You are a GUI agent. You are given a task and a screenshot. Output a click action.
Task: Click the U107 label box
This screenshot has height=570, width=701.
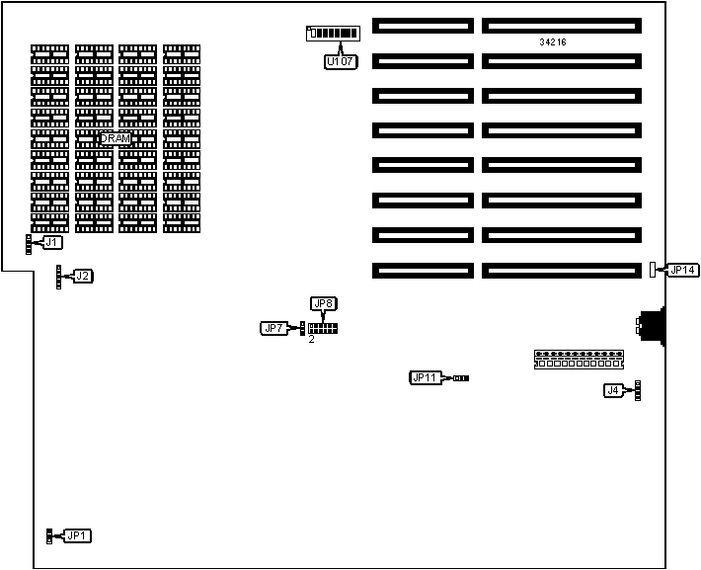click(x=340, y=62)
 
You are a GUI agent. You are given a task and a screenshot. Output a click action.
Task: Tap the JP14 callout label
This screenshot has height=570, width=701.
click(x=682, y=270)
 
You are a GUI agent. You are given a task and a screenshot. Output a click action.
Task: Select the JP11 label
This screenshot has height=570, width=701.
click(x=425, y=377)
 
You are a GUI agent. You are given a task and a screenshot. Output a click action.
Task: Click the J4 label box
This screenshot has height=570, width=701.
click(x=614, y=391)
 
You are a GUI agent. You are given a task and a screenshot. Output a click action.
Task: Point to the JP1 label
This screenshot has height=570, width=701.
click(x=77, y=536)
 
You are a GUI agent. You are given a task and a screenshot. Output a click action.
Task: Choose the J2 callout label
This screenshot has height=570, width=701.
click(x=83, y=277)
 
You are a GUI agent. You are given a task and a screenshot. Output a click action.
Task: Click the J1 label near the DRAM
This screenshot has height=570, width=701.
click(x=52, y=242)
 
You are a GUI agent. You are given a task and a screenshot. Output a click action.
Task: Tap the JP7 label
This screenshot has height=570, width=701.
click(x=274, y=328)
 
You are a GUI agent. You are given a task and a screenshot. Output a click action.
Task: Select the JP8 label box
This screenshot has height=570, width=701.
click(x=323, y=303)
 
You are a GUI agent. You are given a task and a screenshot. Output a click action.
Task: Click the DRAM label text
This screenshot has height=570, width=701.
click(x=115, y=139)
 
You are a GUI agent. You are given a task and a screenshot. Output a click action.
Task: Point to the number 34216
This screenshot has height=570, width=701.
click(x=553, y=42)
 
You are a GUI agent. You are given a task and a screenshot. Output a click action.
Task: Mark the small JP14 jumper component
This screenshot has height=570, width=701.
click(x=653, y=267)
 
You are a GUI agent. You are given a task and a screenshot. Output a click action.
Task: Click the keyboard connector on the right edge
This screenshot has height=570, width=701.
click(x=652, y=327)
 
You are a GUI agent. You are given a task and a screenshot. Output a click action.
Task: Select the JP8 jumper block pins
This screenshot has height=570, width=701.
click(x=323, y=327)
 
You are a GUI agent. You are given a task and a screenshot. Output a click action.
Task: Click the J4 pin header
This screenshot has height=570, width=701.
click(x=637, y=391)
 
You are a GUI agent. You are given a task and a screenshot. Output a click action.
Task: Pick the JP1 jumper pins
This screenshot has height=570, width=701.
click(x=48, y=536)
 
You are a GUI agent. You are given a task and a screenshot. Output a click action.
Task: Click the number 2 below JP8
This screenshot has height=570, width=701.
click(x=311, y=341)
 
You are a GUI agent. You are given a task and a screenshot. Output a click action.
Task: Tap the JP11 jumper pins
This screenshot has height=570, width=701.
click(x=461, y=377)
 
